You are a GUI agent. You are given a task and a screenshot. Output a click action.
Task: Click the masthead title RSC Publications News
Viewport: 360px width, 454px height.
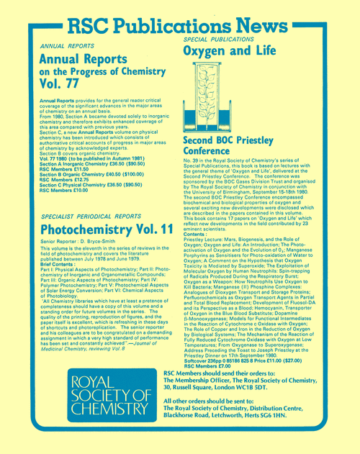tap(186, 25)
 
